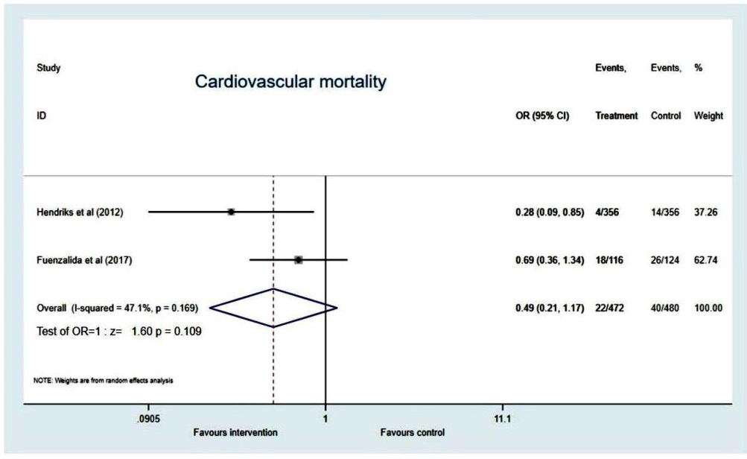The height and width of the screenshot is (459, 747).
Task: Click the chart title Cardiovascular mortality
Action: [290, 82]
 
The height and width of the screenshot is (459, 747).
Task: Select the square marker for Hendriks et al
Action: [231, 212]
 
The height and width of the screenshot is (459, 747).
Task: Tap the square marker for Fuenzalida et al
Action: [299, 259]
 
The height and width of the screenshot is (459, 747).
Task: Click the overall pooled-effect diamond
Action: [273, 307]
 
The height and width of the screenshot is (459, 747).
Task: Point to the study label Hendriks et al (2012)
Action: [80, 212]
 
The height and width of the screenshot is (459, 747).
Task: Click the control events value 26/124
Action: [666, 260]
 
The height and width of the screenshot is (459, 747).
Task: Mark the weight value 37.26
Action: [707, 212]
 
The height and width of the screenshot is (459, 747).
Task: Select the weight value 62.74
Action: [707, 260]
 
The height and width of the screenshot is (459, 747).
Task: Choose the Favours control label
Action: [412, 432]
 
